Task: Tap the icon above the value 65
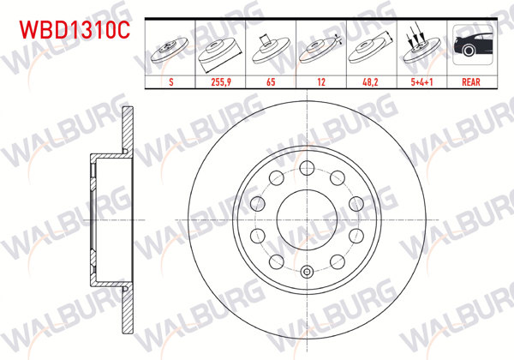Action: click(271, 50)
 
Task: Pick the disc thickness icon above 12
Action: click(320, 50)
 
